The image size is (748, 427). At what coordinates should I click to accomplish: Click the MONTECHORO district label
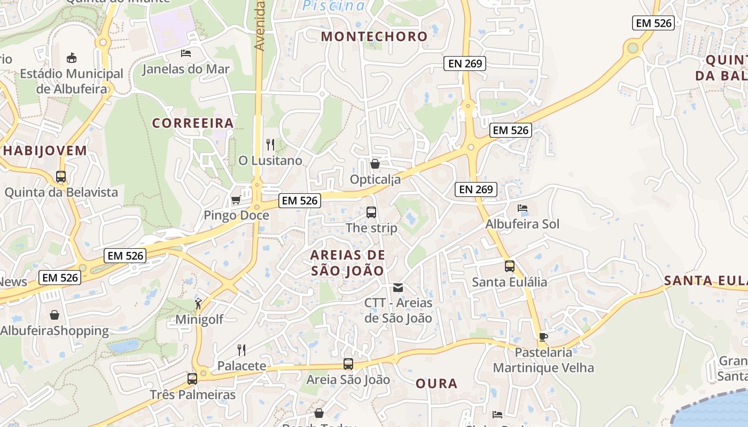point(375,36)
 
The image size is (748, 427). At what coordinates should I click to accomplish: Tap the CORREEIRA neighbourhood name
point(193,123)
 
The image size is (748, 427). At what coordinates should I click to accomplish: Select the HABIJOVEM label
point(45,151)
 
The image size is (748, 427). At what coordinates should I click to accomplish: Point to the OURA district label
point(437,383)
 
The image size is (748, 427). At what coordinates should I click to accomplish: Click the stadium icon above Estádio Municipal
point(71,58)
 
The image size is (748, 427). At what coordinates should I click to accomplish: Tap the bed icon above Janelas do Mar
point(186,53)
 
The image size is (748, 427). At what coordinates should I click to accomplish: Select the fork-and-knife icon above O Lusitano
point(270,144)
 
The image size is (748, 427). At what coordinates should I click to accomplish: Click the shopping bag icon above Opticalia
point(375,164)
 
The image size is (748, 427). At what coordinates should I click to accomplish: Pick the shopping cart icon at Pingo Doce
point(236,200)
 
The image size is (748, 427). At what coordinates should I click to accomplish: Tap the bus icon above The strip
point(371,212)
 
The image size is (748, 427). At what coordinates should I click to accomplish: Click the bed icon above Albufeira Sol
point(523,208)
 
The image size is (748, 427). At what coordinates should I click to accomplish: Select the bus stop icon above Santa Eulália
point(510,266)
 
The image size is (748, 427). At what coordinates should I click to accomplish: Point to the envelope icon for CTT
point(398,288)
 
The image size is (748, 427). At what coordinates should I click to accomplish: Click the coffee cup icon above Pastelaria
point(543,337)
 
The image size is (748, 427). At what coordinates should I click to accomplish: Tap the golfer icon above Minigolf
point(199,304)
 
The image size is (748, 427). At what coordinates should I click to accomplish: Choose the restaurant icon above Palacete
point(241,350)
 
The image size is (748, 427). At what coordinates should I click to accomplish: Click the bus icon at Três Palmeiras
point(192,379)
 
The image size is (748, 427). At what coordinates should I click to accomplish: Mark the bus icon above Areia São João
point(348,364)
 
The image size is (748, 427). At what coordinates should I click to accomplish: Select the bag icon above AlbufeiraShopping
point(54,315)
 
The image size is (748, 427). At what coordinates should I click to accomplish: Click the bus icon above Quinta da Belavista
point(61,177)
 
